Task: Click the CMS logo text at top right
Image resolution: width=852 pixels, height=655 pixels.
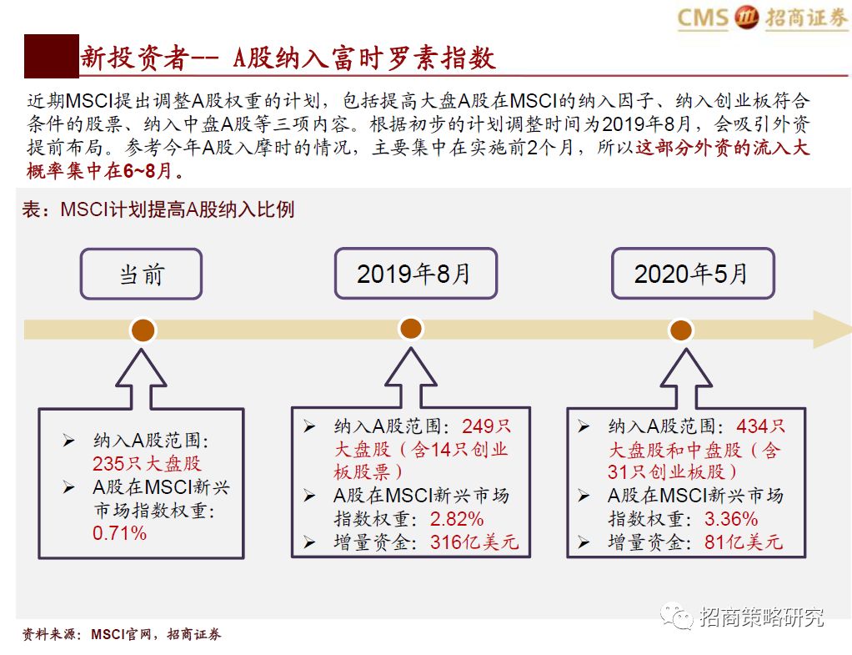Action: (x=703, y=18)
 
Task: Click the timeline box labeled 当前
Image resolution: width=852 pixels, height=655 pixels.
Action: (x=141, y=274)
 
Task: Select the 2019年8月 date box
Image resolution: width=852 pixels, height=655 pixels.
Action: (x=414, y=274)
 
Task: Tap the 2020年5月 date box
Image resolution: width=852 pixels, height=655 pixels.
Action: (x=692, y=274)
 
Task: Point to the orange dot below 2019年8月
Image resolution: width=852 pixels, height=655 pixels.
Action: (x=411, y=329)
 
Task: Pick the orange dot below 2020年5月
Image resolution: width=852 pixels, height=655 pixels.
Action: (x=681, y=330)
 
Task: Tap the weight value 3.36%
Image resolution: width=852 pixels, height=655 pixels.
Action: (x=730, y=518)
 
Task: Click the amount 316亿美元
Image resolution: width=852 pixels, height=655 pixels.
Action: (x=474, y=542)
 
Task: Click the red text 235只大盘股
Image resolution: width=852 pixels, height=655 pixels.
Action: (x=147, y=463)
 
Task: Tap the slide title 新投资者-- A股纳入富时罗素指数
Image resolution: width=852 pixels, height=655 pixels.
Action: (x=288, y=58)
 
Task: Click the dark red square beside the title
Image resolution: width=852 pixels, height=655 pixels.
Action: (x=51, y=57)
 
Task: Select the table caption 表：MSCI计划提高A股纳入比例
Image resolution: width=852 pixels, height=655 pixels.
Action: (x=158, y=209)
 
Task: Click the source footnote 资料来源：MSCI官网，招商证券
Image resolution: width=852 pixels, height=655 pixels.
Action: (x=122, y=635)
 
